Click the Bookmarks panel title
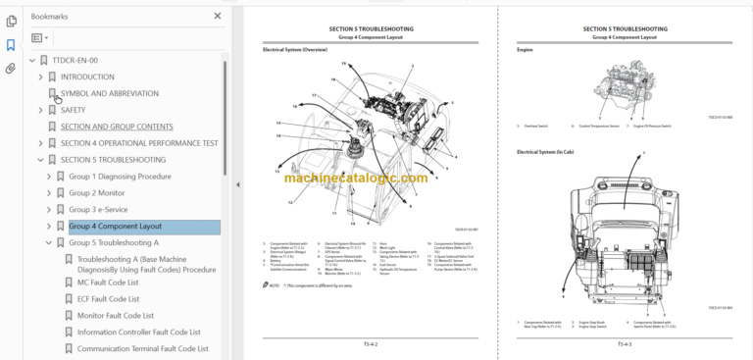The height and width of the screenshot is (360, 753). click(50, 17)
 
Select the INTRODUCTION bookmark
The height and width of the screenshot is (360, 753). click(87, 77)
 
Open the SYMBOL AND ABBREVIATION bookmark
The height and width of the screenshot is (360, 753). click(109, 93)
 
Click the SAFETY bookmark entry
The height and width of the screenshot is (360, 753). click(74, 110)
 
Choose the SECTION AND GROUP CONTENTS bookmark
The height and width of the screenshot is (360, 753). click(117, 127)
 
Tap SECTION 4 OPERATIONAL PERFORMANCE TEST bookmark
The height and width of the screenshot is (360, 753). click(139, 143)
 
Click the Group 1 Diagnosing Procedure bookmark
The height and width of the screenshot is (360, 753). click(119, 177)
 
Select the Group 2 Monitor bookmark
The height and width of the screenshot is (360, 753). click(96, 193)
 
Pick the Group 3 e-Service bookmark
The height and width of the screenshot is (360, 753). click(99, 210)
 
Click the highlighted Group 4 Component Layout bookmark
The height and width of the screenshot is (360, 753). click(115, 227)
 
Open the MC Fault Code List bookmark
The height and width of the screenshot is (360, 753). click(108, 282)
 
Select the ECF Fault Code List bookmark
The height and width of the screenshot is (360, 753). click(108, 298)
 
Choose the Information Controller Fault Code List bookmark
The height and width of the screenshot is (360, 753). click(138, 332)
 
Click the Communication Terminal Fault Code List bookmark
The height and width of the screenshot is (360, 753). click(142, 348)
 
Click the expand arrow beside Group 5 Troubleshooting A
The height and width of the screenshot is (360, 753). click(48, 243)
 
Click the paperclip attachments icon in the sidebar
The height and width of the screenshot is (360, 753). click(11, 69)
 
